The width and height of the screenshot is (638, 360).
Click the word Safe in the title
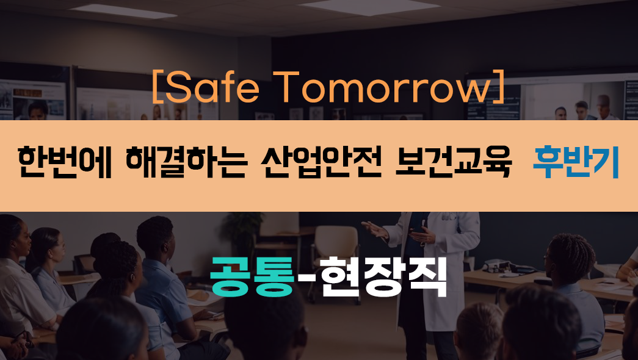point(212,87)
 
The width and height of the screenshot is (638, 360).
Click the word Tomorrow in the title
point(382,87)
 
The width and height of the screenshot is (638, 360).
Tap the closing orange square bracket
point(499,87)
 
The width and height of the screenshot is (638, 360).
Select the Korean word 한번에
point(64,162)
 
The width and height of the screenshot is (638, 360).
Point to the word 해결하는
point(186,162)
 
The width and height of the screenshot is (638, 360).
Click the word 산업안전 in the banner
point(321,162)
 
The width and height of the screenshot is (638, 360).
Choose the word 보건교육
point(453,162)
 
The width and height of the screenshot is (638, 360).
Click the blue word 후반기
point(576,162)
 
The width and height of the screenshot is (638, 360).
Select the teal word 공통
point(252,276)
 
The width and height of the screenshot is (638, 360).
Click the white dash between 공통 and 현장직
point(307,278)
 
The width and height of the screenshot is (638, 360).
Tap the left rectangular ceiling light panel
point(123,11)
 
